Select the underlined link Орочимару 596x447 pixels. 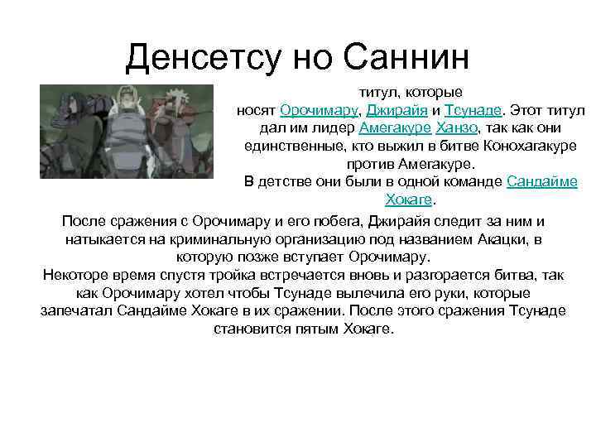(x=318, y=110)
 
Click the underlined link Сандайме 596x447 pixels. (x=541, y=182)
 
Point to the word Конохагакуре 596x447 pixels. (x=521, y=147)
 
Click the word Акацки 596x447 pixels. (x=506, y=239)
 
